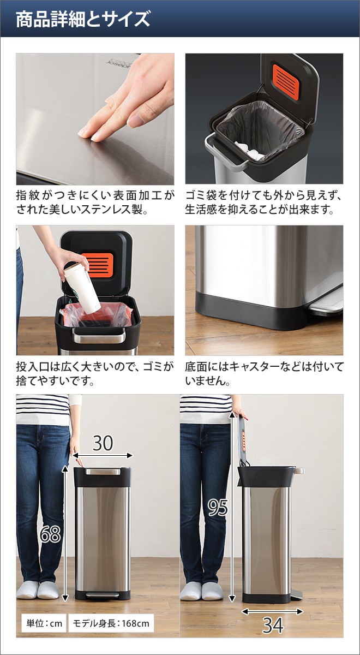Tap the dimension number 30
[103, 443]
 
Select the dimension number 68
[50, 534]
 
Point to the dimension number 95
[218, 508]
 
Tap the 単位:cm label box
[43, 623]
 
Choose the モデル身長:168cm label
[111, 623]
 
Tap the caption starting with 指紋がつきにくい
[95, 202]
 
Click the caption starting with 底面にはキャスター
[264, 374]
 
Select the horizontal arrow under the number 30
[104, 455]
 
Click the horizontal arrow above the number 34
[272, 612]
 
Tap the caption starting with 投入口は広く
[95, 374]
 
